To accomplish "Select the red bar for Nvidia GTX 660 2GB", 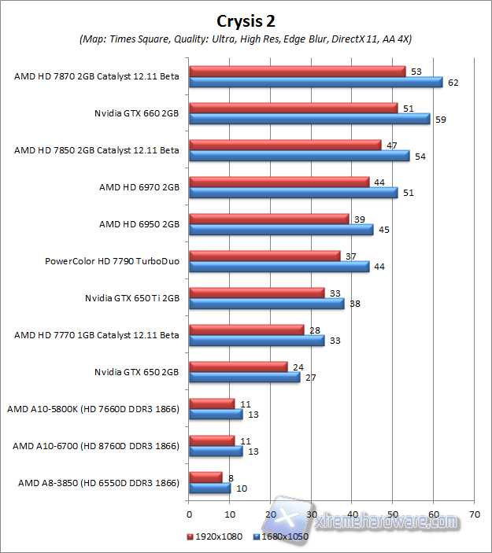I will coord(293,108).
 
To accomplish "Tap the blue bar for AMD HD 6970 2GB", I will coord(293,193).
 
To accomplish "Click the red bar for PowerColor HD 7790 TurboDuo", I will coord(264,256).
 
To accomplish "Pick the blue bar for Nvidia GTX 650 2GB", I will coord(244,378).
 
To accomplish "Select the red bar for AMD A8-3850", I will coord(205,477).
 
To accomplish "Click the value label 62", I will coord(453,82).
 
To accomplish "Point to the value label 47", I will coord(391,145).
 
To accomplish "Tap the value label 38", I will coord(354,304).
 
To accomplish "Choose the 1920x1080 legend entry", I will coord(213,536).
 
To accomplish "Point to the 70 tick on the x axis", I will coord(474,514).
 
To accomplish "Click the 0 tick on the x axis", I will coord(189,514).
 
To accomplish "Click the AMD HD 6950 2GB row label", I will coord(139,224).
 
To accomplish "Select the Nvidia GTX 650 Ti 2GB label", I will coord(132,298).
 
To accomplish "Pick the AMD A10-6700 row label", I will coord(96,446).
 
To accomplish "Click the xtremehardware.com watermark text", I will coord(386,522).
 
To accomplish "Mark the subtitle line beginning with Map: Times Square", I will coord(246,39).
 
